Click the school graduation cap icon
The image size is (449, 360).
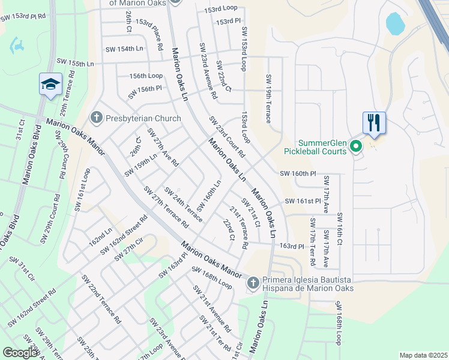(50, 85)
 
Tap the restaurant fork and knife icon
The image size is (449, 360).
(373, 123)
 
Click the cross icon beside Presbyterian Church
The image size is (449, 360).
(96, 118)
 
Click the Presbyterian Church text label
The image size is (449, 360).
(143, 118)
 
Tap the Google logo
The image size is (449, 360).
(20, 353)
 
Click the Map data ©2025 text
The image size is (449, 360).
(423, 355)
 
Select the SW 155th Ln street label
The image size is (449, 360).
(76, 62)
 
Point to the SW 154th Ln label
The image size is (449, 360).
(125, 49)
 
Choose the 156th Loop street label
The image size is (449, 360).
(146, 76)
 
